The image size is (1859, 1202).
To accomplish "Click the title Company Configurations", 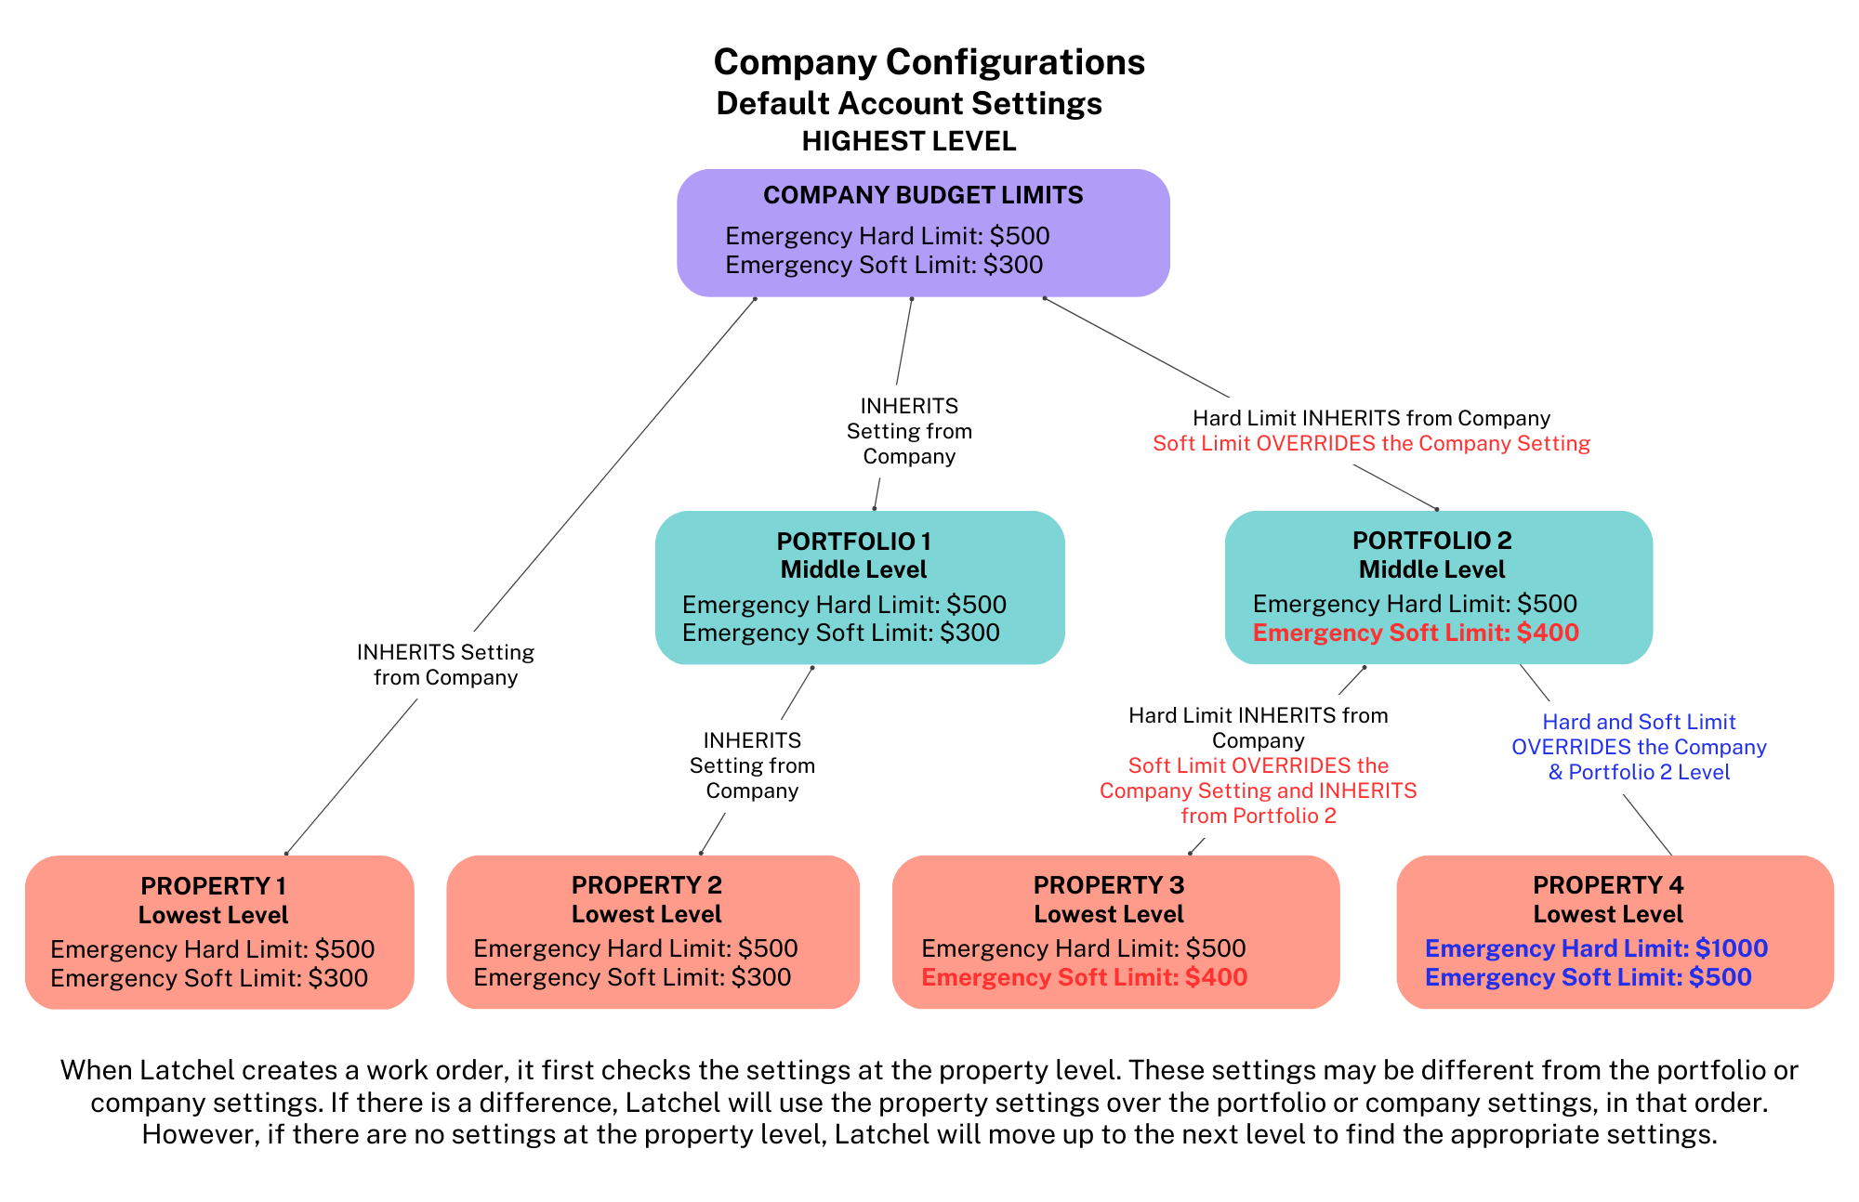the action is [x=929, y=62].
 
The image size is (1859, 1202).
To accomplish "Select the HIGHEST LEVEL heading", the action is [x=909, y=141].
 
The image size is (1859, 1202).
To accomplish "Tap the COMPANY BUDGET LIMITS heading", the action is [x=923, y=195].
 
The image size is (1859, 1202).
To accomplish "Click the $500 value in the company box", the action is [x=1020, y=236].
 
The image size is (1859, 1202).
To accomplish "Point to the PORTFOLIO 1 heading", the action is [x=854, y=542].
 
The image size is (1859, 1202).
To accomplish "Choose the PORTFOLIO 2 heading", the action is [x=1432, y=541].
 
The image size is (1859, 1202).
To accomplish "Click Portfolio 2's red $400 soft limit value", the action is [x=1548, y=633].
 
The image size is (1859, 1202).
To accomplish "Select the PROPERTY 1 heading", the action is [x=214, y=886].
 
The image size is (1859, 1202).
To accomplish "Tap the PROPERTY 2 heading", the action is [x=647, y=885].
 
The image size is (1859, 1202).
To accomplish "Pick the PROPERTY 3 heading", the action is [x=1109, y=885].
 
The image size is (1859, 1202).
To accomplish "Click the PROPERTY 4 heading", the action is [x=1608, y=885].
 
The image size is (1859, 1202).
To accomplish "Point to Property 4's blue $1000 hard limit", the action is [x=1732, y=948].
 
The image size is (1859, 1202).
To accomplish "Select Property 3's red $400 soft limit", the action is [x=1217, y=977].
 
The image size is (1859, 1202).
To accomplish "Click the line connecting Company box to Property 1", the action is [x=521, y=576].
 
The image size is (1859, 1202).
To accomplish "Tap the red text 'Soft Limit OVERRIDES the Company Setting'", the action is [x=1372, y=443].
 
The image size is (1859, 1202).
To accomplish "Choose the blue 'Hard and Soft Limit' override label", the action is [x=1639, y=747].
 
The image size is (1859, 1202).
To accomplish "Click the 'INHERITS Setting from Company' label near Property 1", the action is [x=446, y=665].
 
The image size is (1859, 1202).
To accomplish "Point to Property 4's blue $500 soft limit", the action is [x=1721, y=977].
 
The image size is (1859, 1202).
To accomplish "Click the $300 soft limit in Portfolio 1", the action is [x=969, y=633].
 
